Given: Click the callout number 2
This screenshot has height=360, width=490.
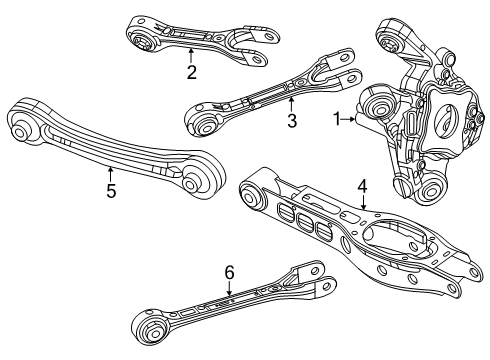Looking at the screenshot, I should (x=190, y=71).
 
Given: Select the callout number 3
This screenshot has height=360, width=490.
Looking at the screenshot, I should (x=291, y=123).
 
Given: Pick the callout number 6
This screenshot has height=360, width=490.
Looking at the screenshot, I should (x=229, y=271).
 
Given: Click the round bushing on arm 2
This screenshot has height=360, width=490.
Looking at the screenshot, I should (x=142, y=41).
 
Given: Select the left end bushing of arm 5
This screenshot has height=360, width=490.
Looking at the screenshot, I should (x=21, y=127).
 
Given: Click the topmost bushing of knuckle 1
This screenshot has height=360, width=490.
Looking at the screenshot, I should (x=386, y=42).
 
